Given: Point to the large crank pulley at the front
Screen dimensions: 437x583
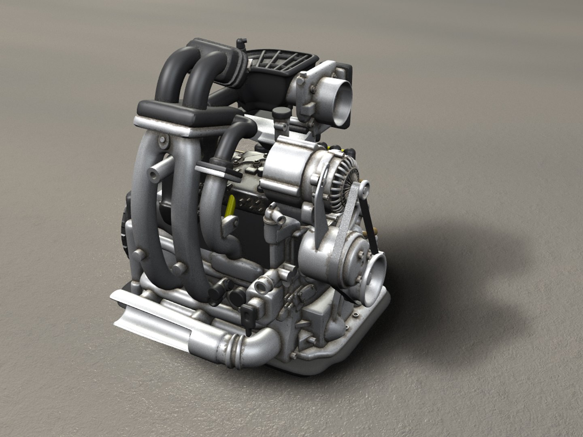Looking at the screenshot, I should point(374,269).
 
